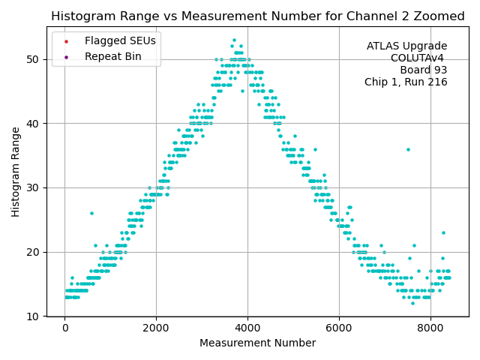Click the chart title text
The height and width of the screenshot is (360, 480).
coord(257,16)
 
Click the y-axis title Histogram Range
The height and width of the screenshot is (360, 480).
coord(16,172)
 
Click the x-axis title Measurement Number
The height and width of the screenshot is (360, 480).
coord(257,343)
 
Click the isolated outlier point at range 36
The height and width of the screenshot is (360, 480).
coord(408,149)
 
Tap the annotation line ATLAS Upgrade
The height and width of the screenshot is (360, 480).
coord(406,46)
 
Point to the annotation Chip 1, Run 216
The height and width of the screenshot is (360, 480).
coord(406,82)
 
